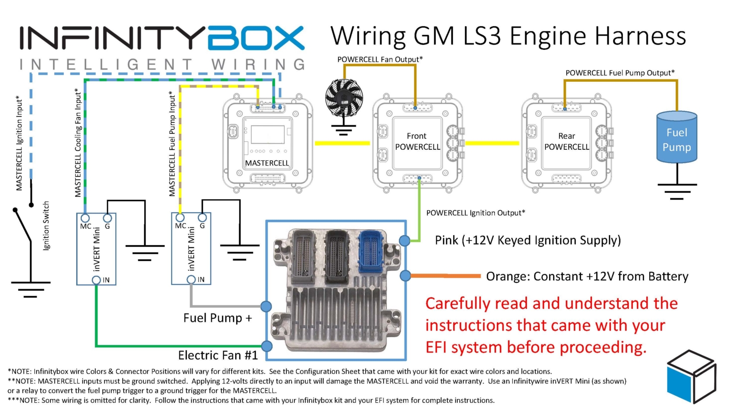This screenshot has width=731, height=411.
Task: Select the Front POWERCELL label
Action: [417, 142]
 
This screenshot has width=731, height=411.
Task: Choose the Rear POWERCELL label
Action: [566, 142]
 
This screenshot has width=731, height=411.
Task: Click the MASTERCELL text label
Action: [267, 163]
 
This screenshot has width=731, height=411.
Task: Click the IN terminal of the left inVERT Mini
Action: [97, 280]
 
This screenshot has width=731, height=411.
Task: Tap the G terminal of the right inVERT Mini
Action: [202, 218]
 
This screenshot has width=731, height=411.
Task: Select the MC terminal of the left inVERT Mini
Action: [85, 218]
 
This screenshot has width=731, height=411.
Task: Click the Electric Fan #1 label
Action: [218, 355]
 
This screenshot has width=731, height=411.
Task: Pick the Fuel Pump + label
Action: [217, 318]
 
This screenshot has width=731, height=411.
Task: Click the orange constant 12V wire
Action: [445, 276]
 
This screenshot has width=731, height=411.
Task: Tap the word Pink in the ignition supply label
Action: [446, 240]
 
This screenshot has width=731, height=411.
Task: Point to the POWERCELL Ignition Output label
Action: [475, 213]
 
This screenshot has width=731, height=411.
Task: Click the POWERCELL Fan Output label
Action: [380, 59]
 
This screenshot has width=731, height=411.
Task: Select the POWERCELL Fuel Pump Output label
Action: [620, 73]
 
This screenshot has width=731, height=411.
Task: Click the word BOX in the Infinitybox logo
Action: [256, 38]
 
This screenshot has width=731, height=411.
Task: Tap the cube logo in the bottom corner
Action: [691, 376]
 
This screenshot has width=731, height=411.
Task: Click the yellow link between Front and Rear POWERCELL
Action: [492, 143]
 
